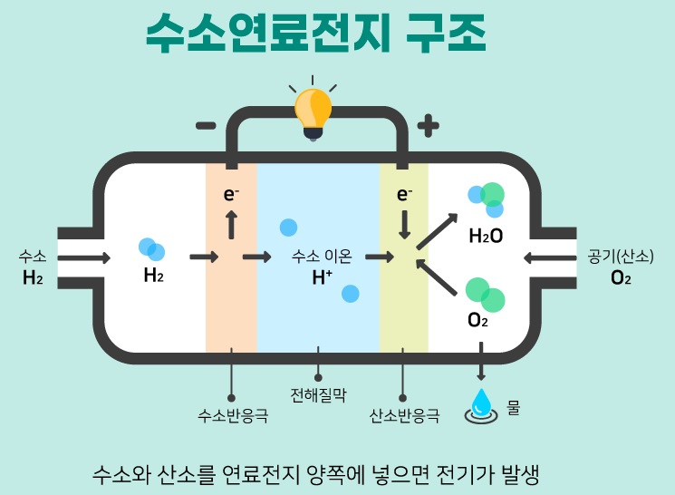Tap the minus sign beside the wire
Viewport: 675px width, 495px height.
[206, 126]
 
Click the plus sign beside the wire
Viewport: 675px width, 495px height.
[429, 126]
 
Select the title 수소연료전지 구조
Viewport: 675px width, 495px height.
[316, 33]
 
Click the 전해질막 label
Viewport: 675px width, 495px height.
[318, 394]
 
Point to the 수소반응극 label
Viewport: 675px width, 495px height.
[233, 416]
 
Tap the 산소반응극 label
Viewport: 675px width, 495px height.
[404, 416]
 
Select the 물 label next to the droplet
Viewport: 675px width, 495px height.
[513, 407]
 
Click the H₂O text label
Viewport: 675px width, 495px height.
[486, 236]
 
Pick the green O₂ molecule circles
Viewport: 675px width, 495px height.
[485, 295]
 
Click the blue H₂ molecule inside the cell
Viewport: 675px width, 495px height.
[151, 249]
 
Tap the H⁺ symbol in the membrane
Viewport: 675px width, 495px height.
[322, 277]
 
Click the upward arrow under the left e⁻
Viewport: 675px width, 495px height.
[232, 225]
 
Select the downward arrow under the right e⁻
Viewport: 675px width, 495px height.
[404, 225]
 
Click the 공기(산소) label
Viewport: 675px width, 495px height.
[621, 257]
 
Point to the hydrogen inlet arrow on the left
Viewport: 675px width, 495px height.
[84, 258]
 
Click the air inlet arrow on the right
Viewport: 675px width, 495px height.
[550, 258]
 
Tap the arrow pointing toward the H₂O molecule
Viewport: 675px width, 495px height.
[437, 231]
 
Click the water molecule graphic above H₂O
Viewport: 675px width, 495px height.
[487, 199]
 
